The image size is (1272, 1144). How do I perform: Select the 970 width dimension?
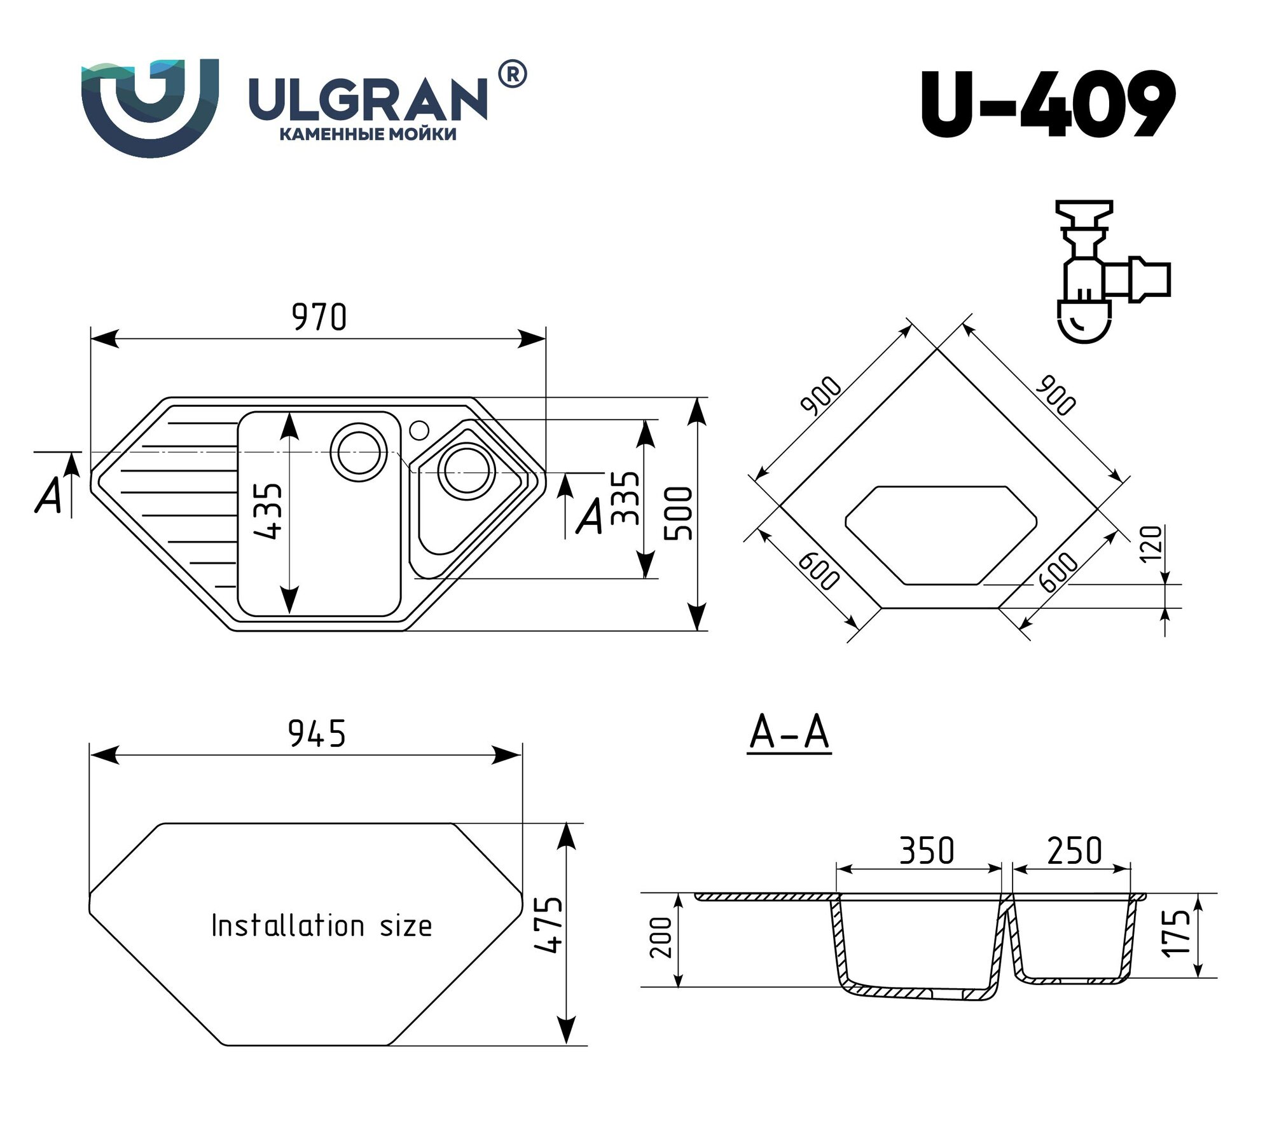pos(319,318)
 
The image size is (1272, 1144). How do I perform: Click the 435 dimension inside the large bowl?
pos(268,512)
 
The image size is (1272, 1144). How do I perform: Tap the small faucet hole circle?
pos(419,430)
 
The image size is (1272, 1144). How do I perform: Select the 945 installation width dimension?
pos(317,734)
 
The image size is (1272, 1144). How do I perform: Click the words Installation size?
pos(321,925)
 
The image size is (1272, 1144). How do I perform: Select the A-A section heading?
pos(789,733)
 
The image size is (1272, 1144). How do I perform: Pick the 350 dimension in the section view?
pos(926,851)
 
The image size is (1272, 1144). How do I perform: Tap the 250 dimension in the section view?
pos(1074,851)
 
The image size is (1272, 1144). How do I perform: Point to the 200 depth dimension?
pos(662,937)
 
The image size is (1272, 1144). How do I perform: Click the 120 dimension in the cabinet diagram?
pos(1151,544)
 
